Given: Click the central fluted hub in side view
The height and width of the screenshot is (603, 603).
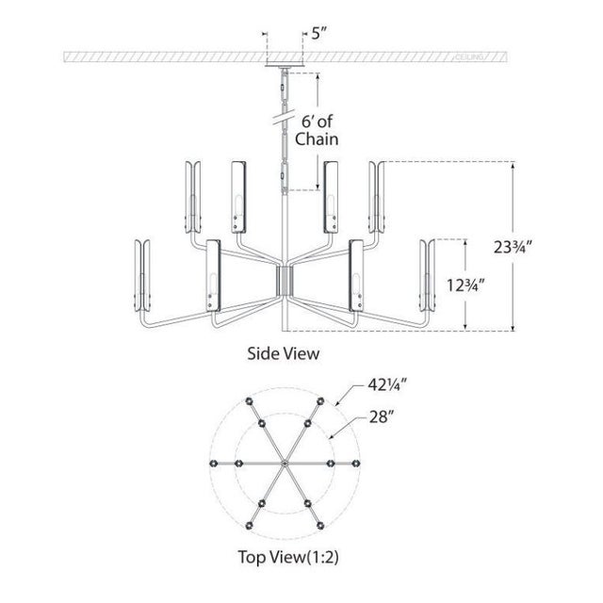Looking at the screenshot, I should coord(283,279).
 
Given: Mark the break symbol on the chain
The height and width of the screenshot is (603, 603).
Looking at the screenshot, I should coord(281,121).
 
